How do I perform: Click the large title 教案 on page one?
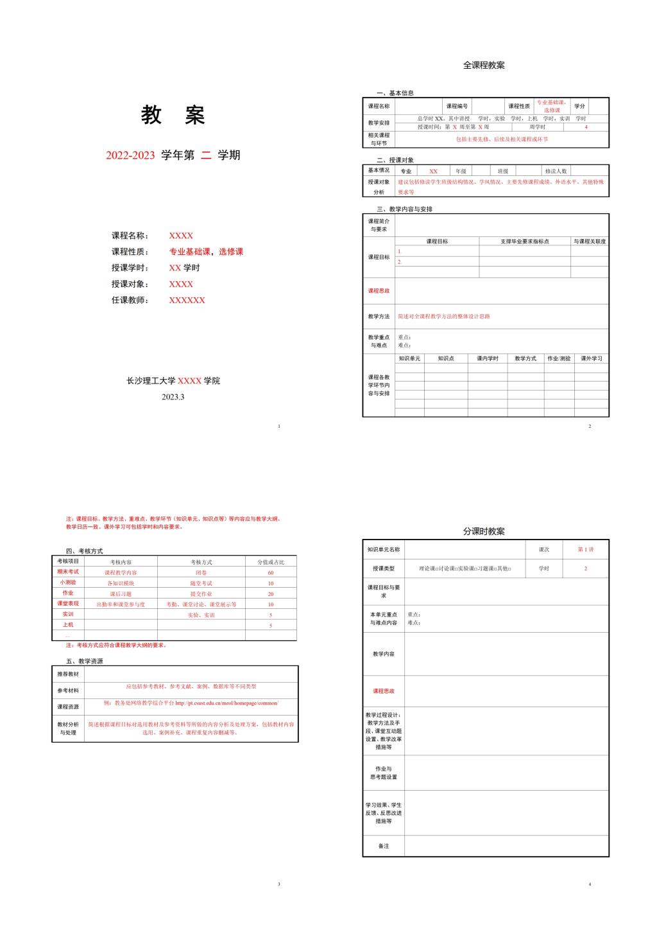pos(173,116)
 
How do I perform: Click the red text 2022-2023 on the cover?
pos(130,155)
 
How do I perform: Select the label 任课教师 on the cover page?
pos(130,300)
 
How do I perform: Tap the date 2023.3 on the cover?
pos(173,397)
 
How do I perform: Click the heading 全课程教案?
pos(484,66)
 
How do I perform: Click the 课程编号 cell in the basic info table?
pos(457,106)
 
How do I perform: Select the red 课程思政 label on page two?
pos(379,291)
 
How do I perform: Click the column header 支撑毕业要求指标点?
pos(524,242)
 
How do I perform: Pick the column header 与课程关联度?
pos(590,242)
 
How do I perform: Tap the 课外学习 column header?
pos(592,358)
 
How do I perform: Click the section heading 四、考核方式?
pos(84,551)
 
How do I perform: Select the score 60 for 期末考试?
pos(271,572)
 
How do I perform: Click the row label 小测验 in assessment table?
pos(68,583)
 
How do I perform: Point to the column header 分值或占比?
pos(271,562)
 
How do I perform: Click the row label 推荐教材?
pos(68,674)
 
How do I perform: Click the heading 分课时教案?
pos(484,532)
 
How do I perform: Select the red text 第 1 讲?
pos(585,550)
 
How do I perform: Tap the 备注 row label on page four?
pos(384,846)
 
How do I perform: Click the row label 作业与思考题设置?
pos(384,773)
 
